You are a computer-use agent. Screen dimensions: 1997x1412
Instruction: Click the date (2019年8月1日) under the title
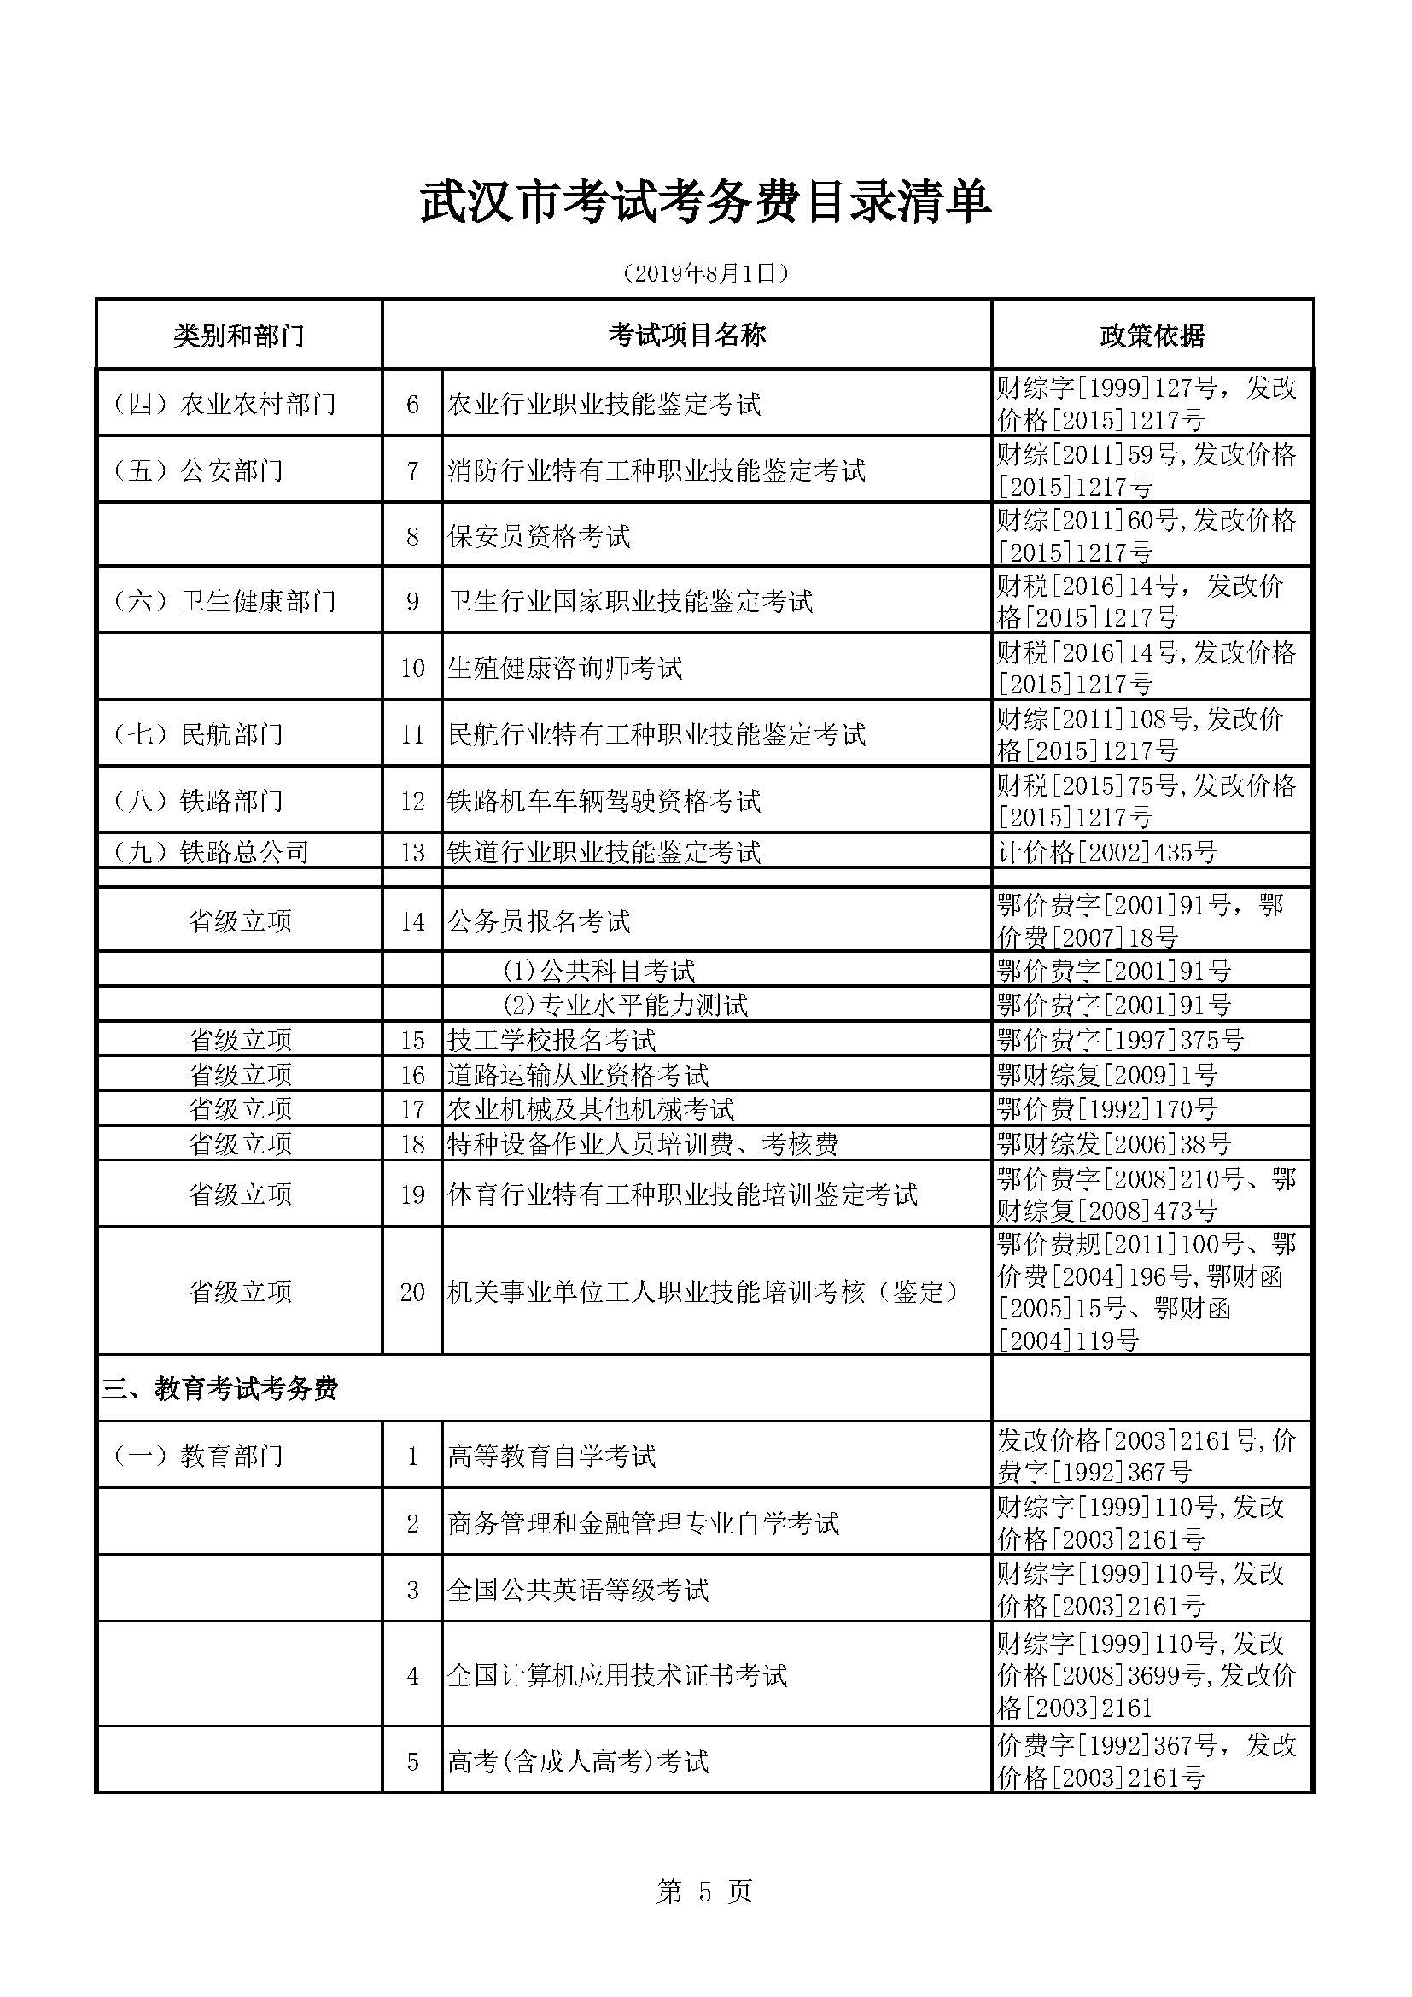[705, 275]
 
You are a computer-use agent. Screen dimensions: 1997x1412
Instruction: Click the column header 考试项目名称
[686, 335]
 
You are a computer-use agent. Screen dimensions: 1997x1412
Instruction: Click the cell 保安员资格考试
[539, 536]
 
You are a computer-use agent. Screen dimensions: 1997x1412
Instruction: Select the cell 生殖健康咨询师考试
[565, 668]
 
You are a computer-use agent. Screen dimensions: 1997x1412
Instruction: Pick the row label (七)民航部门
[196, 735]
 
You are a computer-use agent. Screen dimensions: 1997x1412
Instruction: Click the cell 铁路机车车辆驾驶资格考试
[604, 801]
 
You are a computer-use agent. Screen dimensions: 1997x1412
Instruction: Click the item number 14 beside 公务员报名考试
[412, 922]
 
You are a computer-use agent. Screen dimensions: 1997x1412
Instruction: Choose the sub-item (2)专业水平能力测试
[625, 1006]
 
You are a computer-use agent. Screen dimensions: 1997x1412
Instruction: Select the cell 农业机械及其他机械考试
[591, 1109]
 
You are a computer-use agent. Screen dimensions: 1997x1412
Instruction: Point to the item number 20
[412, 1293]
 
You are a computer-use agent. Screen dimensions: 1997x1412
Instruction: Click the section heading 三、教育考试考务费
[220, 1389]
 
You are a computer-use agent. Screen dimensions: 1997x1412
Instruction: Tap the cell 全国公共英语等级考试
[578, 1591]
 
